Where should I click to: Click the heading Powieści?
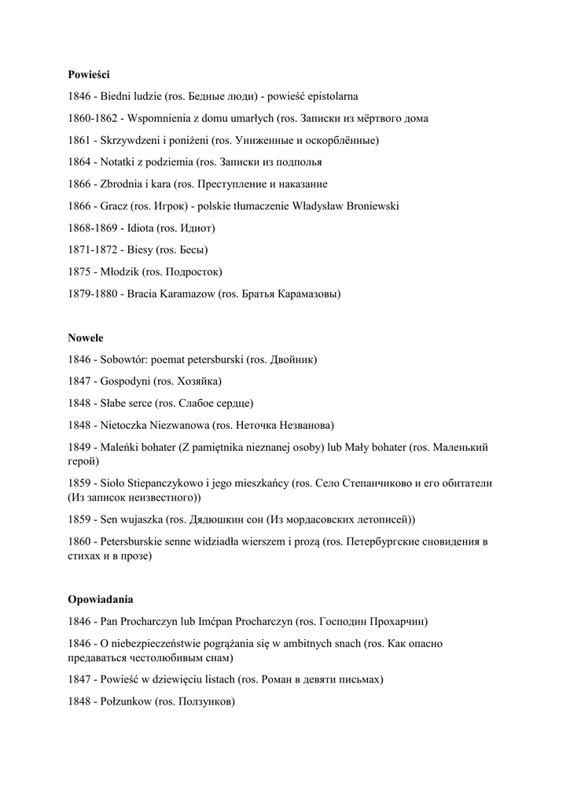(89, 75)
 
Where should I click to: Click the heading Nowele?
(85, 338)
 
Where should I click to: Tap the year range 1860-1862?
(94, 119)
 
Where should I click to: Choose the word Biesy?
(141, 250)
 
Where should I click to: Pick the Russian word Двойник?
(292, 360)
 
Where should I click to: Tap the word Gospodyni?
(126, 382)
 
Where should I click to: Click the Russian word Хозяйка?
(198, 382)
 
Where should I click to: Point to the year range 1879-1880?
(94, 294)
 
